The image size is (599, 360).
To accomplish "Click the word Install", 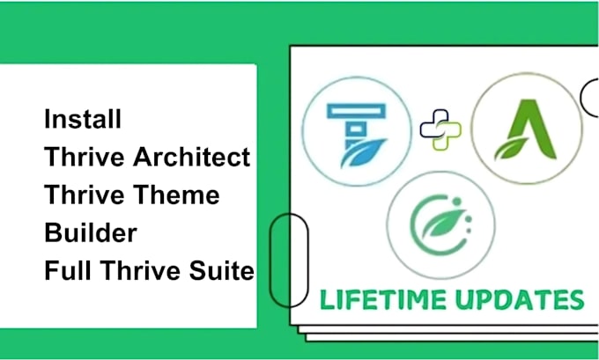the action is tap(83, 118).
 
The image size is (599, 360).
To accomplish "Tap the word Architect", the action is tap(192, 157).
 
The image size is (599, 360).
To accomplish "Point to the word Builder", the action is tap(91, 232).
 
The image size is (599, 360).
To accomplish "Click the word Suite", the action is tap(222, 270).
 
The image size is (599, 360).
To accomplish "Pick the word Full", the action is tap(69, 270).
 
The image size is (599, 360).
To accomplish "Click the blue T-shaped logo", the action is tap(357, 136).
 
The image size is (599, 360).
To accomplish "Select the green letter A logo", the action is tap(527, 129).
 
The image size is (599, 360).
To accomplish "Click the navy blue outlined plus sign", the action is tap(434, 124).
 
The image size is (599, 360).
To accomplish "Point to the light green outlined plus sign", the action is tap(447, 136).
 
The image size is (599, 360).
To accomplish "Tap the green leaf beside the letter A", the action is tap(507, 149).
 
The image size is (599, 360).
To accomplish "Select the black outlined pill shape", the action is tap(288, 260).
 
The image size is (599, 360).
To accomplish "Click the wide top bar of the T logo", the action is tap(357, 111).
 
